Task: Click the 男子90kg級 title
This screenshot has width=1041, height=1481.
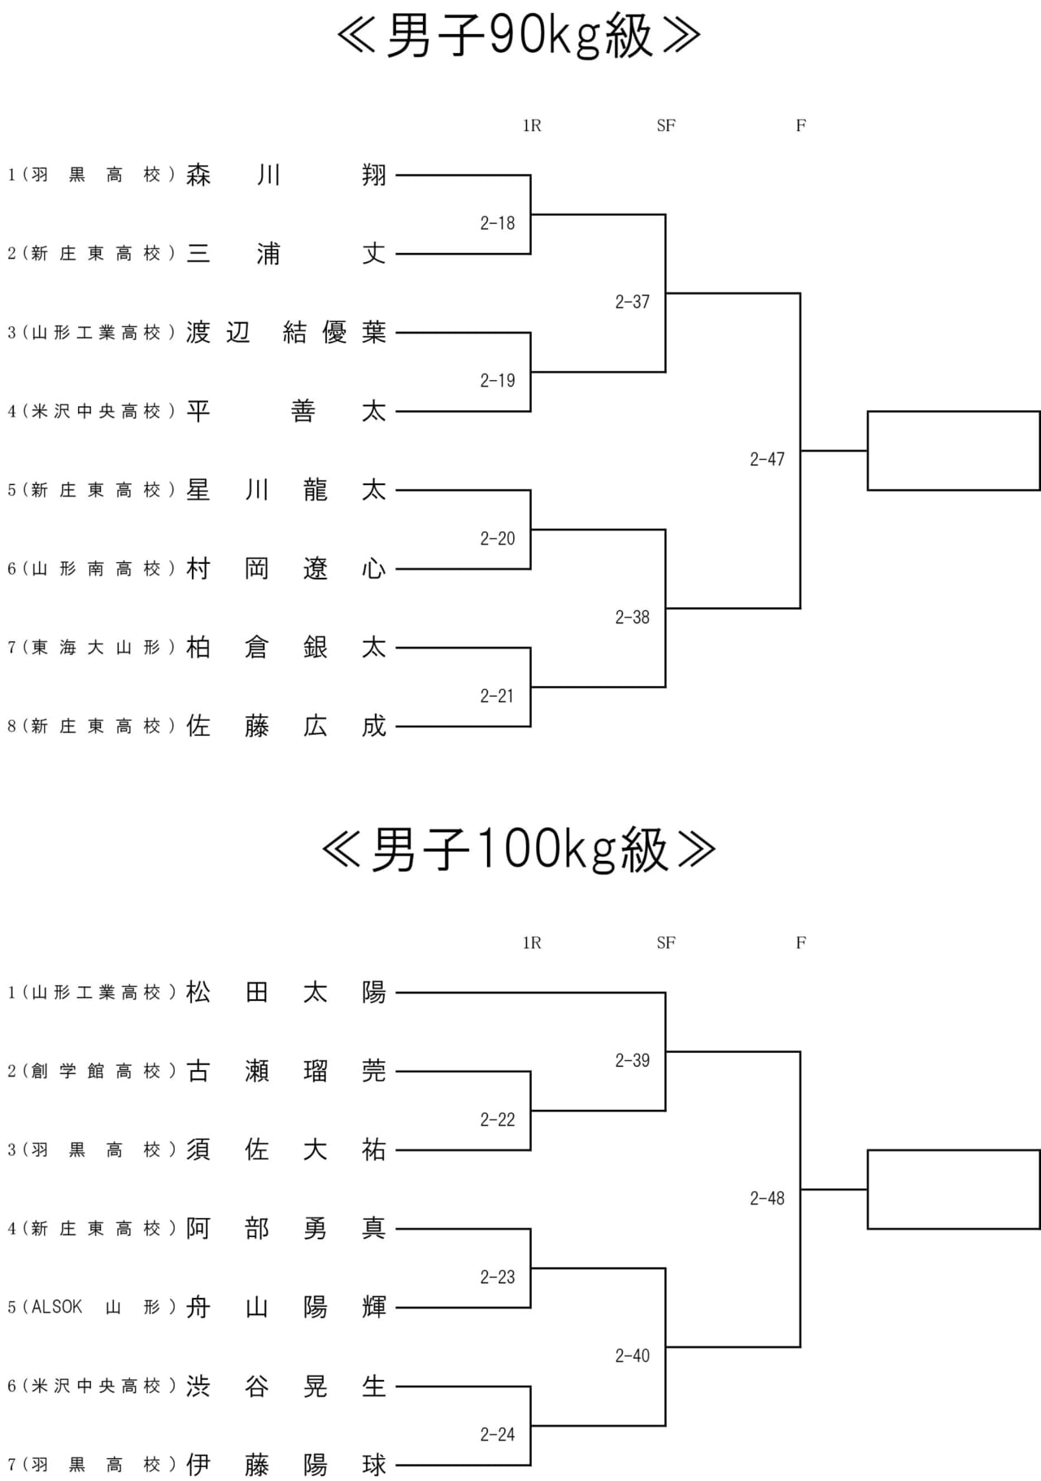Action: [519, 36]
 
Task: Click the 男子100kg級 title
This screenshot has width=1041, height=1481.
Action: [519, 850]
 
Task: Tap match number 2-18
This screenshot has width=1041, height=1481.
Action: [498, 223]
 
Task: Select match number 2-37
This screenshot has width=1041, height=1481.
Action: [633, 302]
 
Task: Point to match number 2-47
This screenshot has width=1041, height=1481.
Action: [767, 460]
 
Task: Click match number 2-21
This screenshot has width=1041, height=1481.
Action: [498, 696]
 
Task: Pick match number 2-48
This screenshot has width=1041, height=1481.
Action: [767, 1199]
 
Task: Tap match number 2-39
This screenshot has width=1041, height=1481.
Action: [633, 1060]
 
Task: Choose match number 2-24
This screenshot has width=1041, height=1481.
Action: [498, 1435]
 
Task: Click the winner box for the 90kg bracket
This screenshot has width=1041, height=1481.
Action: [954, 451]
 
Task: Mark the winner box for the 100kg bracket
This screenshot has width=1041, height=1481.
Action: [954, 1190]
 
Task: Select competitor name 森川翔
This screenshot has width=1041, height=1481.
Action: [286, 175]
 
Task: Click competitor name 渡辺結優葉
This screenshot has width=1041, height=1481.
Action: [286, 333]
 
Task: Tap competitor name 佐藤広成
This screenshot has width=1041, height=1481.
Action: [286, 727]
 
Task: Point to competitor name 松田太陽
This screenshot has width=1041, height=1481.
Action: [286, 993]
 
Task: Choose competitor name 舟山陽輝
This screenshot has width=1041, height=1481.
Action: [286, 1308]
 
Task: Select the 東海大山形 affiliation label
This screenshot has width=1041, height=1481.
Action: [96, 648]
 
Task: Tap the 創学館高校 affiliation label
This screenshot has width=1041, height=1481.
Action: [96, 1072]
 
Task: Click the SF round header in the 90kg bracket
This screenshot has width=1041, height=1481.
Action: [666, 125]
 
